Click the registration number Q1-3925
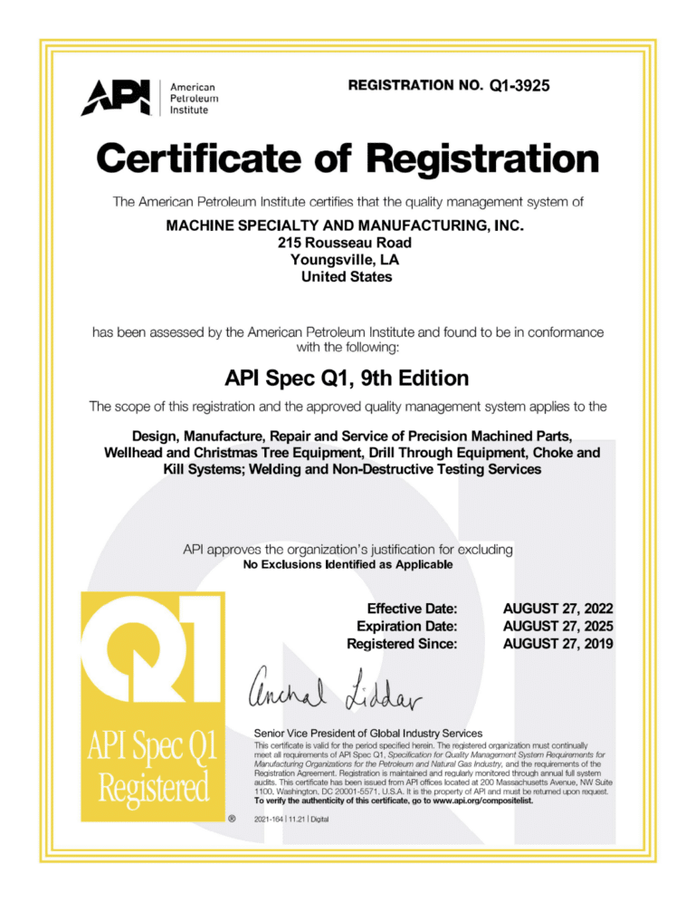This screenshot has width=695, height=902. (x=519, y=86)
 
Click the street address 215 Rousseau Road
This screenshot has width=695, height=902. (x=347, y=243)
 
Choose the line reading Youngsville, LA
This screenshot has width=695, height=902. (x=347, y=260)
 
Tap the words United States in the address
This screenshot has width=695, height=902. (x=347, y=277)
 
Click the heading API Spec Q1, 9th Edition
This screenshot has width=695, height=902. (x=347, y=376)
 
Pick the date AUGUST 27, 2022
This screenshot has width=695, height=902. (x=558, y=608)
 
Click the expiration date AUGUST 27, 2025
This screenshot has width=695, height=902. (x=558, y=626)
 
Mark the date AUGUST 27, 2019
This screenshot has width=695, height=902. (x=558, y=644)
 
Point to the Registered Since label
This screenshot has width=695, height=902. (x=402, y=644)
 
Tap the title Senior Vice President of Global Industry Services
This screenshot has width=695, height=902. (x=369, y=732)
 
